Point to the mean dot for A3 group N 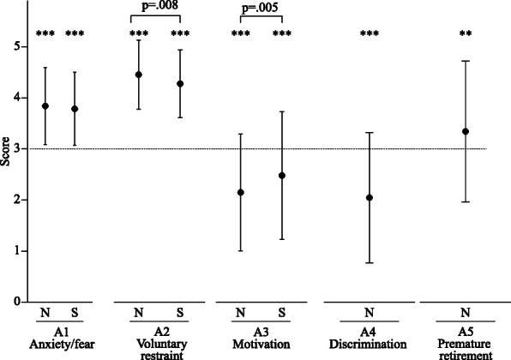(x=240, y=193)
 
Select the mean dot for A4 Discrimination (x=370, y=198)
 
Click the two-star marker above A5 (x=466, y=35)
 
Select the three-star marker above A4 (x=370, y=35)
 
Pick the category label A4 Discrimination (x=370, y=344)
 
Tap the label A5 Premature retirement (x=466, y=344)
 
